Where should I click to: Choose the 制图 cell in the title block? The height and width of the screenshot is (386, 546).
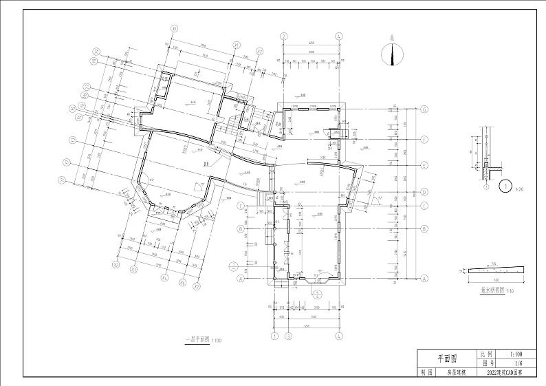pyautogui.click(x=426, y=372)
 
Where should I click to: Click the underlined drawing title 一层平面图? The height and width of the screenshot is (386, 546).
pyautogui.click(x=198, y=339)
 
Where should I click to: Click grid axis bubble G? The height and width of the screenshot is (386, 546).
pyautogui.click(x=424, y=109)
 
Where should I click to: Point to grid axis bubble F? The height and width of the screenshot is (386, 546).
pyautogui.click(x=424, y=138)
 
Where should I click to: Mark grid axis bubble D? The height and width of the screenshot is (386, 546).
pyautogui.click(x=424, y=192)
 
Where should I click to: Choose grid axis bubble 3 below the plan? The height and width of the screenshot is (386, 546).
pyautogui.click(x=289, y=336)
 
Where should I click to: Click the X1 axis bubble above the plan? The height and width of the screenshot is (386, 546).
pyautogui.click(x=175, y=28)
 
